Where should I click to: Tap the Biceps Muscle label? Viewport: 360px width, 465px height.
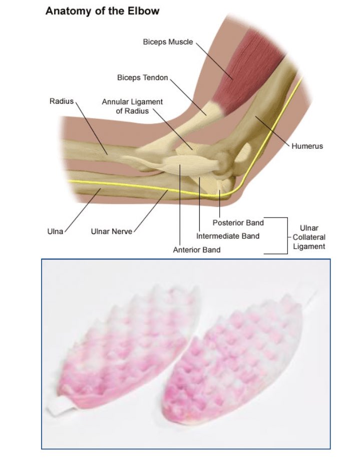pyautogui.click(x=168, y=42)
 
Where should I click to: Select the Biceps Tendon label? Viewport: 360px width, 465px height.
pyautogui.click(x=143, y=78)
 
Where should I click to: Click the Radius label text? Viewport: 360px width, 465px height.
pyautogui.click(x=62, y=101)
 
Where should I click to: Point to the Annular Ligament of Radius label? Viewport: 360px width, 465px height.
pyautogui.click(x=132, y=106)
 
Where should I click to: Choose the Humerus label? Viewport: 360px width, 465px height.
pyautogui.click(x=307, y=146)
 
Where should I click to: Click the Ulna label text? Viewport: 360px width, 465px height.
pyautogui.click(x=55, y=231)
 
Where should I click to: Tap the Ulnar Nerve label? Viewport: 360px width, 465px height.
pyautogui.click(x=111, y=231)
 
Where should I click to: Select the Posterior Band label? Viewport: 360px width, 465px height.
pyautogui.click(x=238, y=222)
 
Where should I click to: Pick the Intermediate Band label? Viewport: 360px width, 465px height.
pyautogui.click(x=228, y=236)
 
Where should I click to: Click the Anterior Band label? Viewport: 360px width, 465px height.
pyautogui.click(x=197, y=249)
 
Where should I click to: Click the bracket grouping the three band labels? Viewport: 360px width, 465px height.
pyautogui.click(x=287, y=236)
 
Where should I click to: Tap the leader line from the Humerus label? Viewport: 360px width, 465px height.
pyautogui.click(x=273, y=130)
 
